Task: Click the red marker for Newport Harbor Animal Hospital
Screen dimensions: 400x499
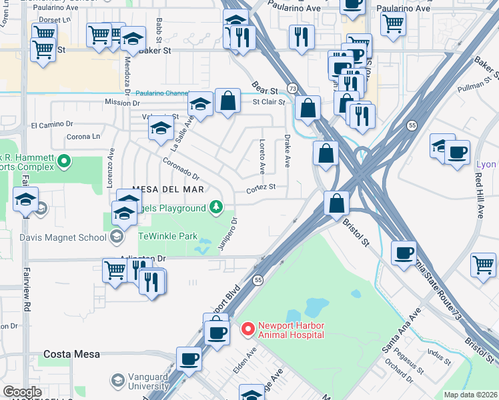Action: (248, 329)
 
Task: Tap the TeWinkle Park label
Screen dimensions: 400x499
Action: (168, 236)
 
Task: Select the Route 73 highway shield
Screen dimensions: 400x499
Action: (292, 89)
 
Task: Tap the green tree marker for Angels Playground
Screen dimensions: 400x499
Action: (215, 209)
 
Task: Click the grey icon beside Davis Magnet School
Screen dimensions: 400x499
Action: (117, 237)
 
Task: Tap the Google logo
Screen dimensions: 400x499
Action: (22, 392)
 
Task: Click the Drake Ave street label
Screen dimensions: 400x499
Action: (288, 153)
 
